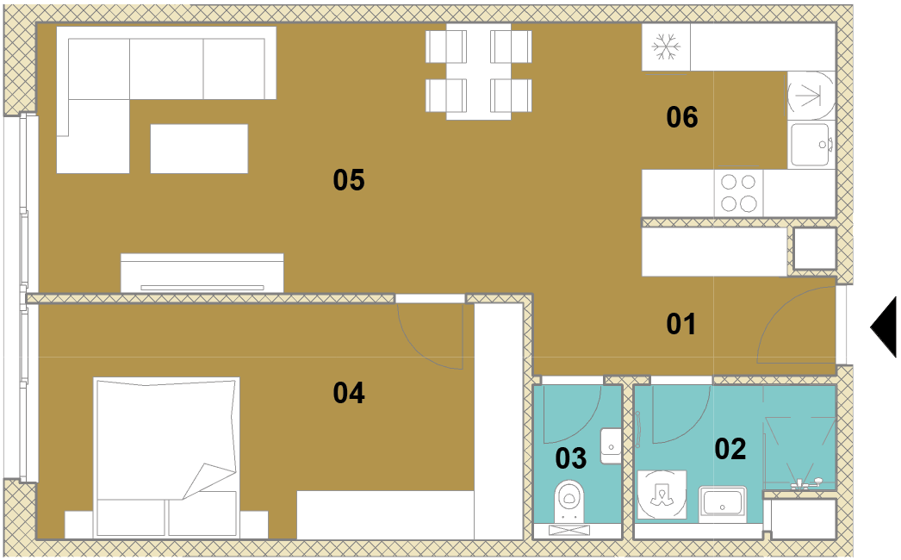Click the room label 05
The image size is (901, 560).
(349, 180)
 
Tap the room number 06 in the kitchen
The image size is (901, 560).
(682, 117)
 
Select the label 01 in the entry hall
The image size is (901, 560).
(681, 324)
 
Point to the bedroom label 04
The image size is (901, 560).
(349, 393)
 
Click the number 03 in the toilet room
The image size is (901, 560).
(570, 458)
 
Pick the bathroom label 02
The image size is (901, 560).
(730, 449)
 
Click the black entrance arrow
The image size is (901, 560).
(883, 327)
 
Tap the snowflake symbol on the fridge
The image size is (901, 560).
(666, 47)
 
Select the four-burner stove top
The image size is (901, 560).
(739, 193)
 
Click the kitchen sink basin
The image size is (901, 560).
(811, 145)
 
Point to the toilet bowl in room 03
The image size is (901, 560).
(569, 495)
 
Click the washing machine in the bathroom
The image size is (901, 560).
(662, 495)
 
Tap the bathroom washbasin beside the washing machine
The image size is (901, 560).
(723, 501)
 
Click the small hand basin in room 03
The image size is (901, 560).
(611, 445)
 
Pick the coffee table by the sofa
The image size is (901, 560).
(199, 149)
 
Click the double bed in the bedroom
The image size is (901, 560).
(166, 457)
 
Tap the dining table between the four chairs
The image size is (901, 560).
(479, 72)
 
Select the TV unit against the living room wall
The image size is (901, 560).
(202, 273)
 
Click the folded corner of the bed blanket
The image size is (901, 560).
(208, 480)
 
